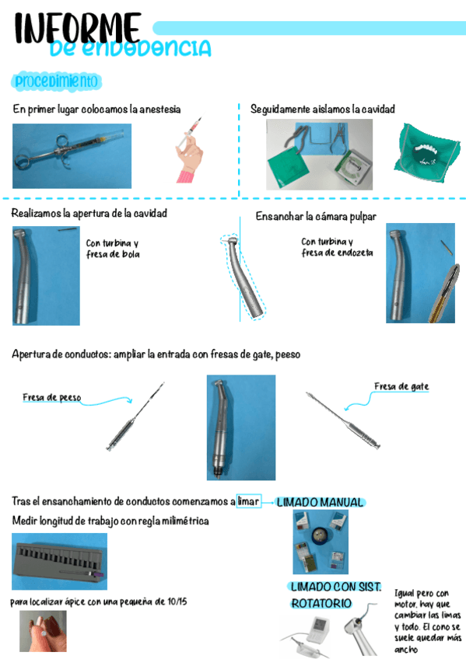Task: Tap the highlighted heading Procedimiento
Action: (57, 81)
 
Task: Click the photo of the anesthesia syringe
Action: (72, 155)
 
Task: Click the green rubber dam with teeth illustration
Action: (423, 149)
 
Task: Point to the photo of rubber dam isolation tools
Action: (319, 154)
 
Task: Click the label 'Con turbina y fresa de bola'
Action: (113, 248)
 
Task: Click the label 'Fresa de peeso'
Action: (51, 398)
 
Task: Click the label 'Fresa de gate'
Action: (401, 386)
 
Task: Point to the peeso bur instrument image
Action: (135, 417)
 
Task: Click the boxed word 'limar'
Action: (248, 501)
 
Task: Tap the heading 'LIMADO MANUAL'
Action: (320, 503)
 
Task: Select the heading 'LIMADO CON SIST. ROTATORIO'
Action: (335, 594)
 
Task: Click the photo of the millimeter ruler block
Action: (60, 560)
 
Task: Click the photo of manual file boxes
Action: (320, 542)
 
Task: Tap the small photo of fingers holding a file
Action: (43, 630)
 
